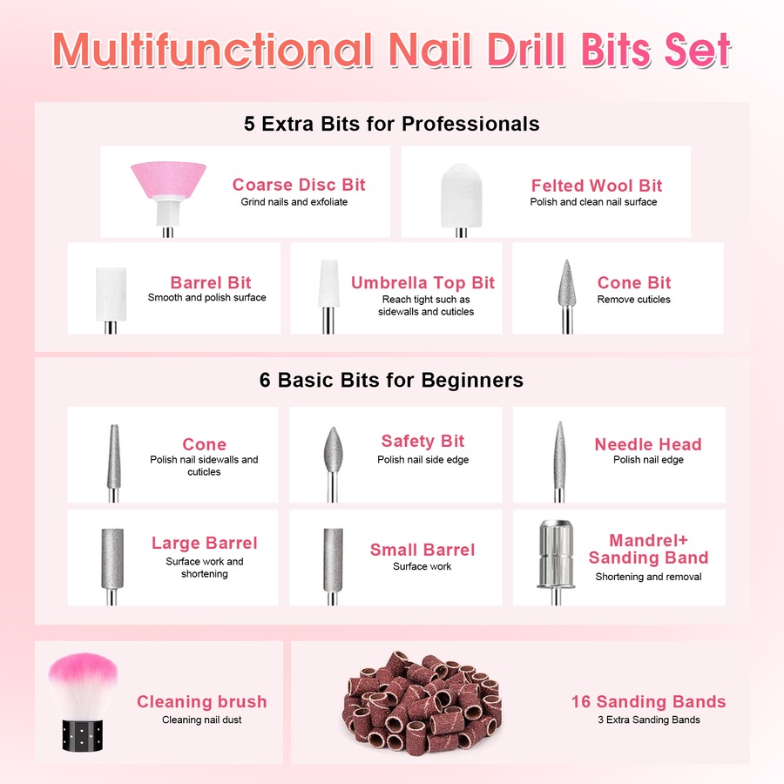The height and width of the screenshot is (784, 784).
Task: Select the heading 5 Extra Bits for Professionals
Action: point(391,124)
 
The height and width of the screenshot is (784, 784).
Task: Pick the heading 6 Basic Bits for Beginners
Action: point(391,381)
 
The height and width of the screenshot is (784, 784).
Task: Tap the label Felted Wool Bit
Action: point(597,186)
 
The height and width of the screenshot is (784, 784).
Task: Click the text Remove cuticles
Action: point(633,300)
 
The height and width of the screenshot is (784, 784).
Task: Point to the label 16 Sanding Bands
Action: point(648,702)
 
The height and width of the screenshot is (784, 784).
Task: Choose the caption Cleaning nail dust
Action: point(201,720)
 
